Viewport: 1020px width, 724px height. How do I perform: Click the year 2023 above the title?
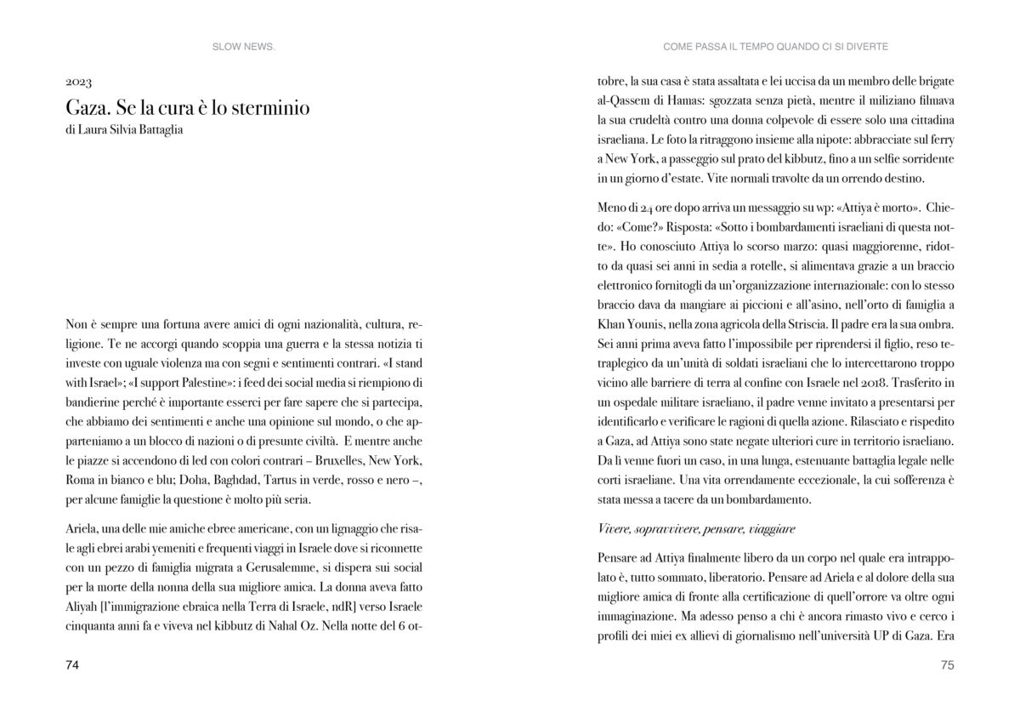tap(78, 84)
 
